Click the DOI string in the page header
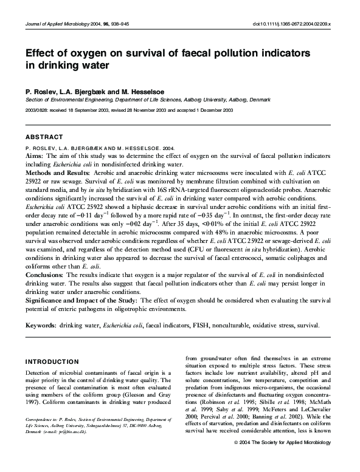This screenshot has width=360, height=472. [x=291, y=24]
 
